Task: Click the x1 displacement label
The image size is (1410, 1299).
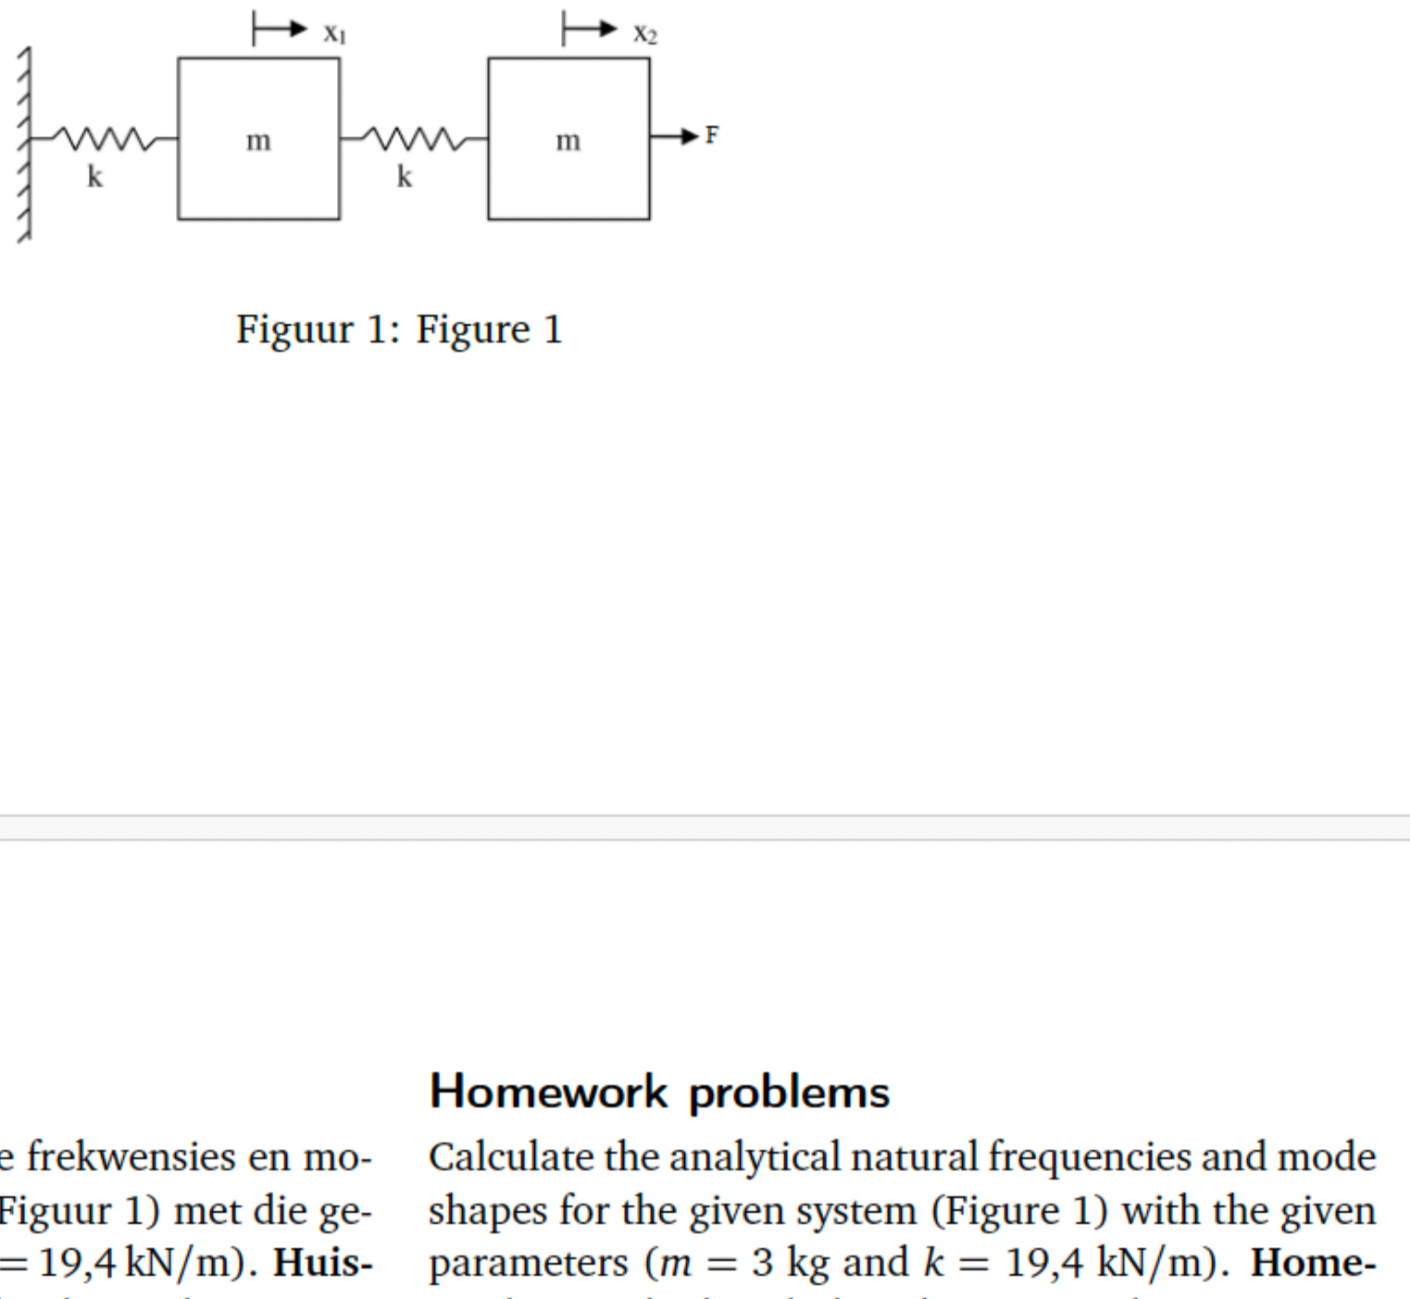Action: (334, 34)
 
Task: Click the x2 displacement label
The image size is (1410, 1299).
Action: (644, 34)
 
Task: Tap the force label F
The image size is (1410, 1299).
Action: (711, 136)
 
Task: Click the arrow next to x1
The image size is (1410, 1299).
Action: (280, 30)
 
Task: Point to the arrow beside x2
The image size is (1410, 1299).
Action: (590, 30)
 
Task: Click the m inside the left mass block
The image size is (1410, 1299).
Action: (258, 141)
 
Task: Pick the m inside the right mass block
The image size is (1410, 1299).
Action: (568, 141)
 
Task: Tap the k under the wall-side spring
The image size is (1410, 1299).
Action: (94, 176)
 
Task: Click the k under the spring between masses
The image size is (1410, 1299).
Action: (404, 176)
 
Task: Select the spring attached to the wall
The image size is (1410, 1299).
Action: (102, 139)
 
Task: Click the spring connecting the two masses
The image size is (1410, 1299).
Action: (413, 139)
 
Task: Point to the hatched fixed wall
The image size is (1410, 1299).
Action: (24, 144)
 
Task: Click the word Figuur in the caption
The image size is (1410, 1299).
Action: (294, 330)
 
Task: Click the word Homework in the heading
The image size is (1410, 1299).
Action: (548, 1092)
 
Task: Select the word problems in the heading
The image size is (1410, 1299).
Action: (789, 1093)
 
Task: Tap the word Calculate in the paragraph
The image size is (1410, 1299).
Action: (512, 1157)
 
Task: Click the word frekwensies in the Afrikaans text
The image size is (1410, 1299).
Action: (131, 1157)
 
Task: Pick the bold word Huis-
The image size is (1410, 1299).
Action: (322, 1263)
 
